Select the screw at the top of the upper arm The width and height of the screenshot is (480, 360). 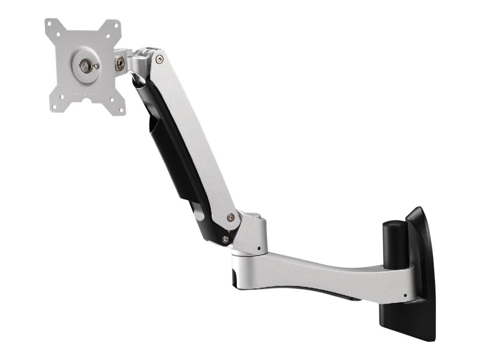159,59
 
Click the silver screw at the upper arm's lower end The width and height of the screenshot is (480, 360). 230,217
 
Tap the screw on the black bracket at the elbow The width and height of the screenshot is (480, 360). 225,240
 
